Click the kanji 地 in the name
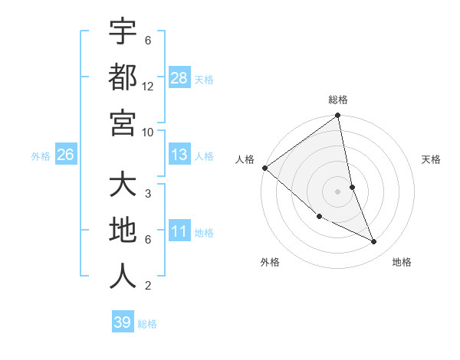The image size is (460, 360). tap(123, 231)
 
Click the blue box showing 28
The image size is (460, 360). tap(179, 77)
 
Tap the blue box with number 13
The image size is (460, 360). tap(179, 155)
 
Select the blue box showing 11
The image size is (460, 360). tap(179, 231)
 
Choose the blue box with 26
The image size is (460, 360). tap(66, 155)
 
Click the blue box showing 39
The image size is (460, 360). tap(123, 322)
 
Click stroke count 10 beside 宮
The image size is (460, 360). tap(148, 132)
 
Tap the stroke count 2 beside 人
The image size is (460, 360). tap(148, 286)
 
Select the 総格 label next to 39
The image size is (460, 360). tap(147, 324)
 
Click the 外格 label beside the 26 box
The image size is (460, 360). tap(41, 156)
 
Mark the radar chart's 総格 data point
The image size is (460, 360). tap(338, 116)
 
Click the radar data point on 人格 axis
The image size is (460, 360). tap(265, 168)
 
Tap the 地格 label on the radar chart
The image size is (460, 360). tap(402, 262)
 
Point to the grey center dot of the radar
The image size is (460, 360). tap(338, 191)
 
